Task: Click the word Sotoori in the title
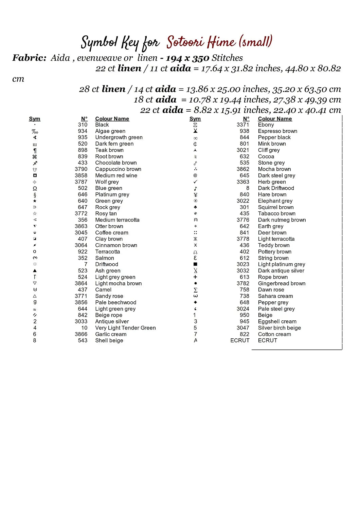pos(185,42)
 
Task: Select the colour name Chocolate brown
pos(116,163)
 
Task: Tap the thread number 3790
pos(81,169)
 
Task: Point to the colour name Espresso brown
pos(277,131)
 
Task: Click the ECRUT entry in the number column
pos(240,340)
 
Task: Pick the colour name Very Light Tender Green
pos(125,328)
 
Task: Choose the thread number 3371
pos(243,125)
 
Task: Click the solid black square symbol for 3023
pos(195,264)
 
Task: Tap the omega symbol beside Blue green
pos(35,188)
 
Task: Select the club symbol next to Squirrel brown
pos(195,207)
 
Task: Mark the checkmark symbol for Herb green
pos(195,182)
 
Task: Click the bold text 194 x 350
pos(187,58)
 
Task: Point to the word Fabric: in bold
pos(30,58)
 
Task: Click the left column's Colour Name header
pos(112,119)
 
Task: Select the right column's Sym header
pos(195,119)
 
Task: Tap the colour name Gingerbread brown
pos(282,283)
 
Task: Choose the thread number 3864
pos(81,283)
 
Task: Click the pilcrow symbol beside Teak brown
pos(35,150)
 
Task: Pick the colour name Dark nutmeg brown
pos(282,220)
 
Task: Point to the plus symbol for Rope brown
pos(195,277)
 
